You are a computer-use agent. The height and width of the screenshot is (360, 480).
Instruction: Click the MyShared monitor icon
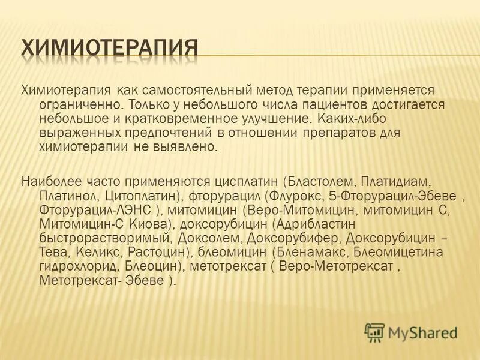(x=374, y=331)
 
